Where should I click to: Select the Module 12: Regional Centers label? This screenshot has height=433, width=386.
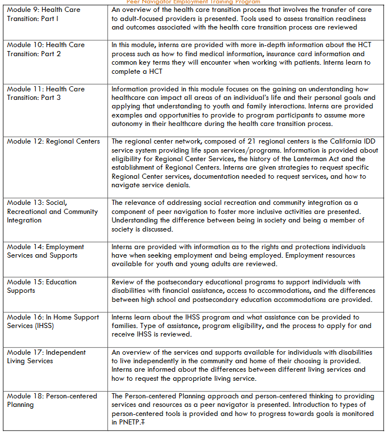click(53, 141)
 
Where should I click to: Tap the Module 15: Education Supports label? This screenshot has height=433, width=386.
click(41, 286)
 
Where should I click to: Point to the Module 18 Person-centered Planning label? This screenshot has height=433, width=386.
click(52, 400)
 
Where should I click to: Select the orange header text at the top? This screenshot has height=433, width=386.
click(193, 2)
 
